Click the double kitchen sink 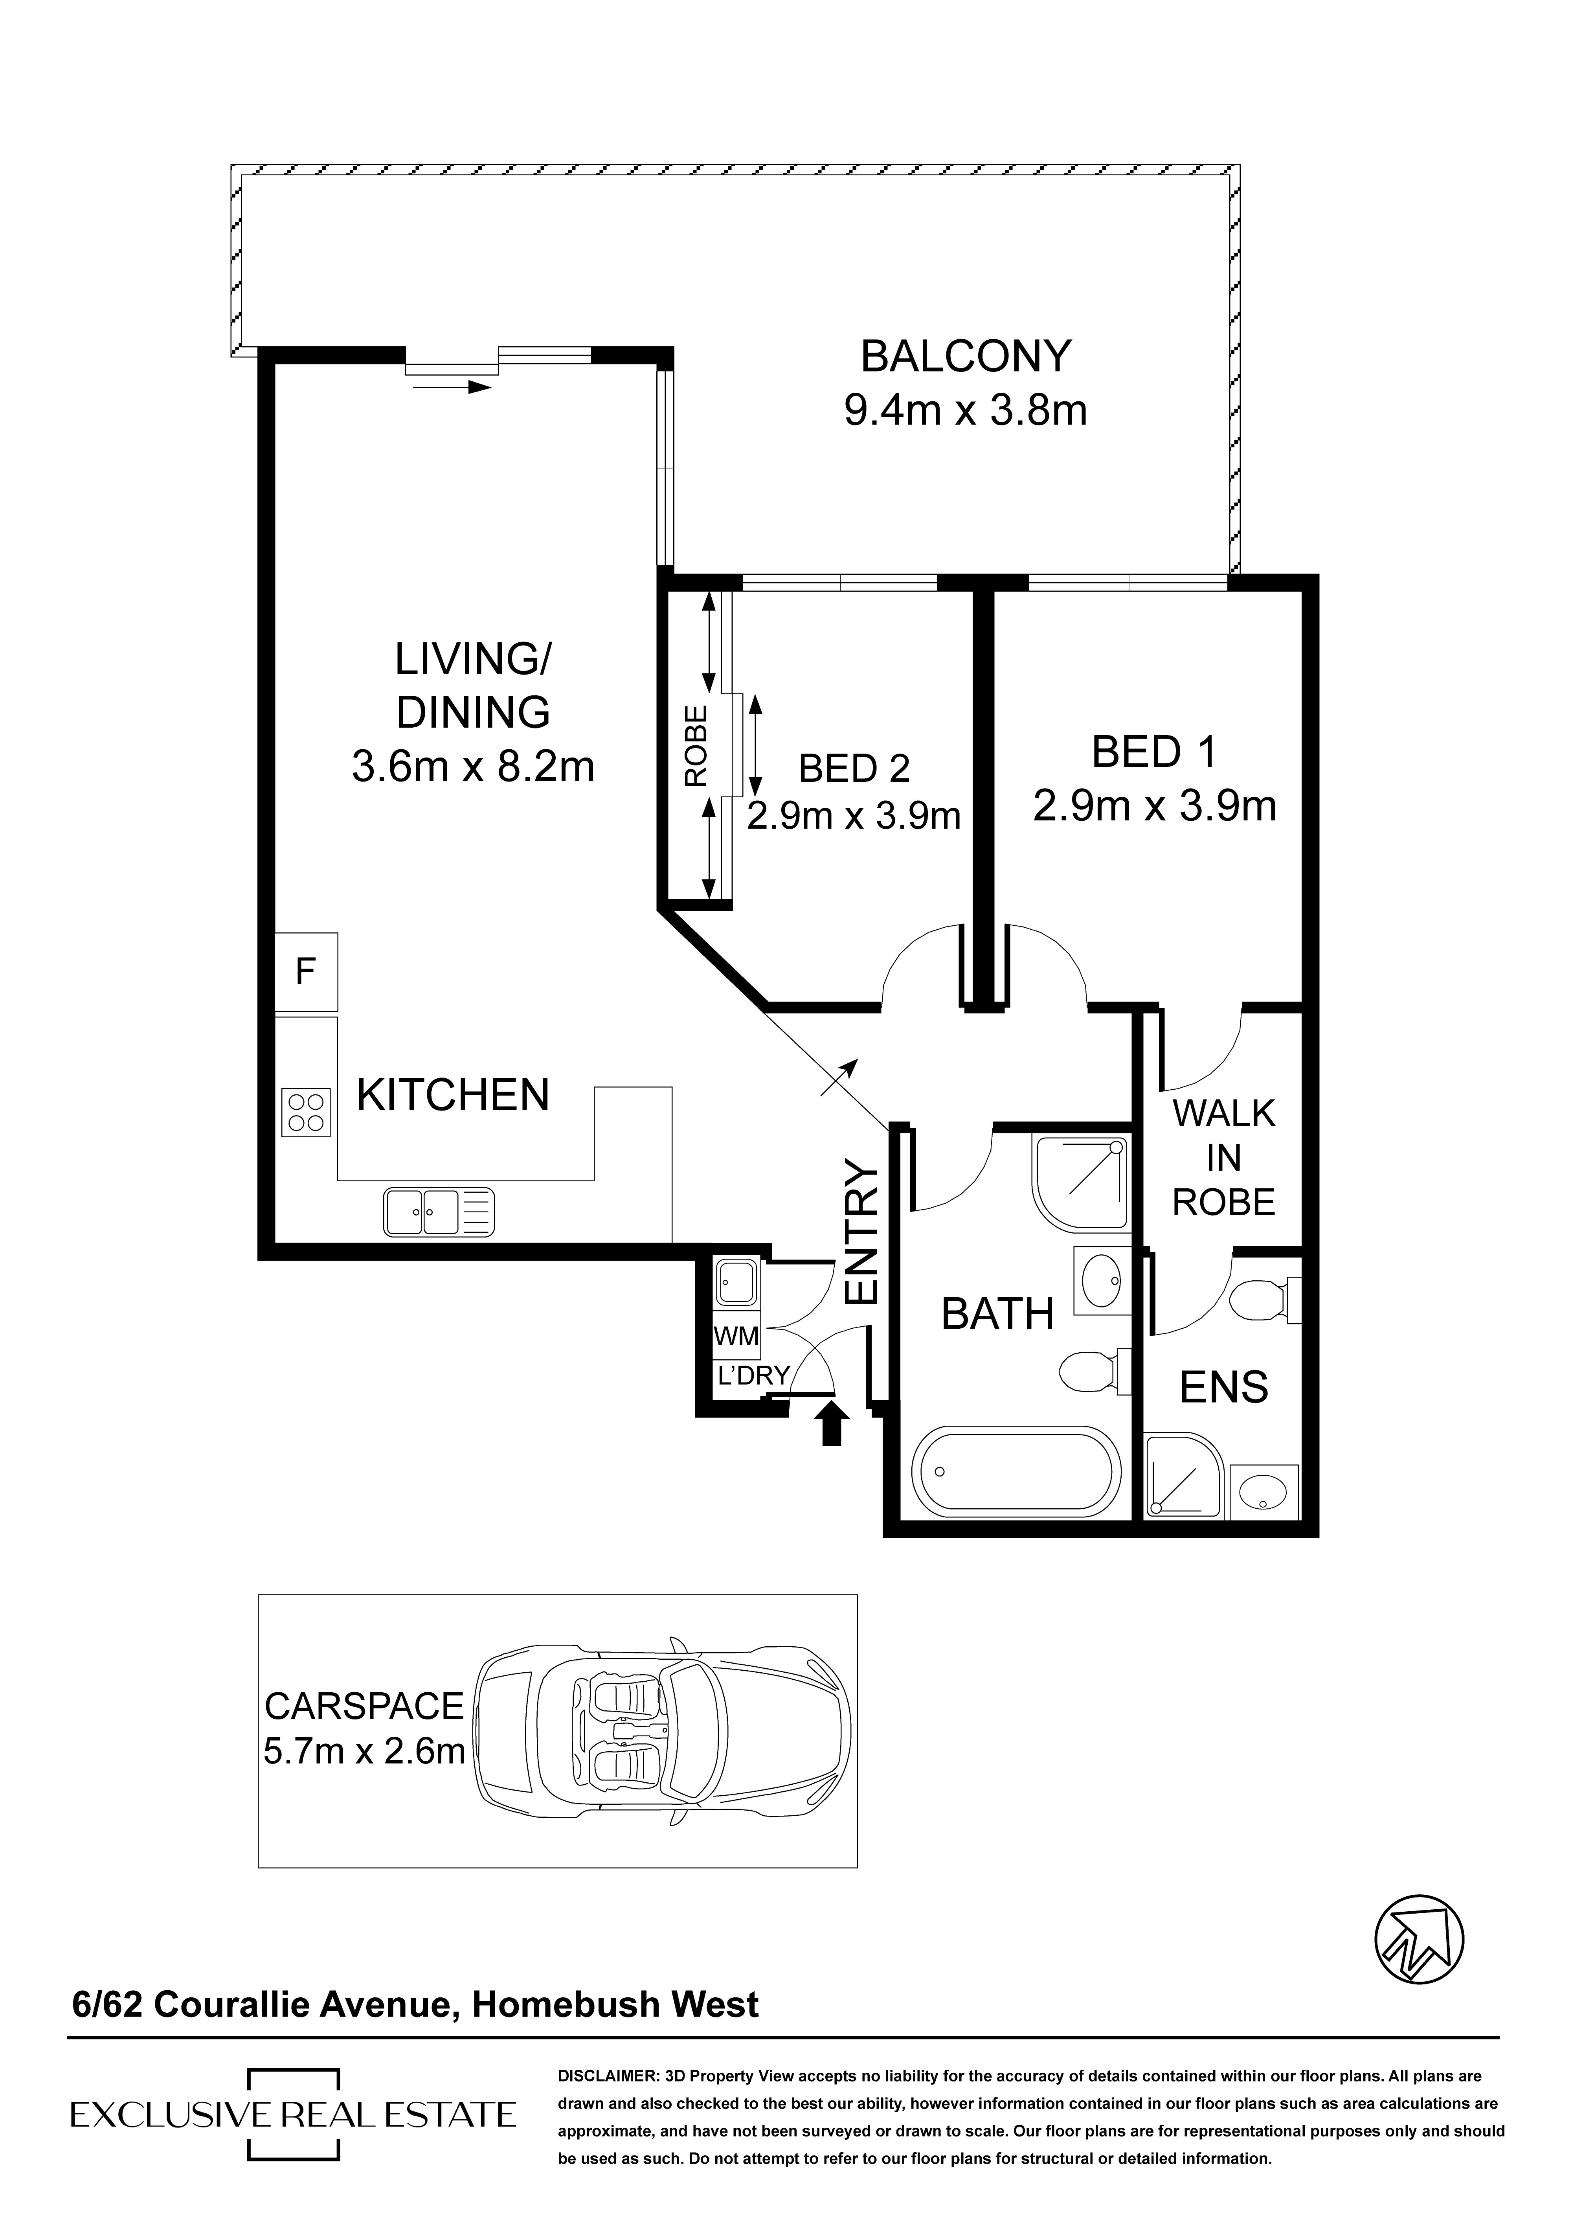tap(439, 1212)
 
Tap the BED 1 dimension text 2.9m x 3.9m tap(1155, 805)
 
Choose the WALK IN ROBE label tap(1223, 1158)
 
